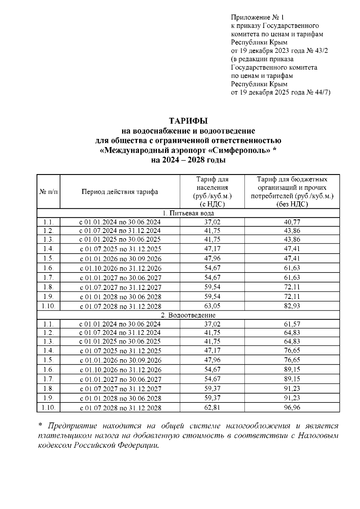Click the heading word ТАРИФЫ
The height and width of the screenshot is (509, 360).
[x=188, y=121]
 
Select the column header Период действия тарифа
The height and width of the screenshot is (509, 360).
[x=120, y=192]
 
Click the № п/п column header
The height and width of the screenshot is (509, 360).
[x=48, y=192]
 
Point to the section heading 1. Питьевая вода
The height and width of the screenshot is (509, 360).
[x=188, y=213]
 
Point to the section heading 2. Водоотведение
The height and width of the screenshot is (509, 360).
[x=188, y=315]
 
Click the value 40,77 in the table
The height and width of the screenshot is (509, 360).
[x=292, y=222]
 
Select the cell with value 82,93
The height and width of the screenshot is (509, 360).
[x=292, y=306]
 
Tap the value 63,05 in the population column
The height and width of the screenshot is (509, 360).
[x=212, y=306]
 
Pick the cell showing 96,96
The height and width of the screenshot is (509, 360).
[x=292, y=408]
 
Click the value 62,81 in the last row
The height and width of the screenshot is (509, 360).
[x=212, y=408]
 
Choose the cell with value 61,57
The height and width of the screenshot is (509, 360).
[x=292, y=324]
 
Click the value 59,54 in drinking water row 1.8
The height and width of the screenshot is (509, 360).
[x=212, y=287]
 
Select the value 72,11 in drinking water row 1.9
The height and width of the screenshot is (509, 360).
[x=292, y=297]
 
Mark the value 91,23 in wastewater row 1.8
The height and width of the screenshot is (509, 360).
[x=292, y=388]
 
